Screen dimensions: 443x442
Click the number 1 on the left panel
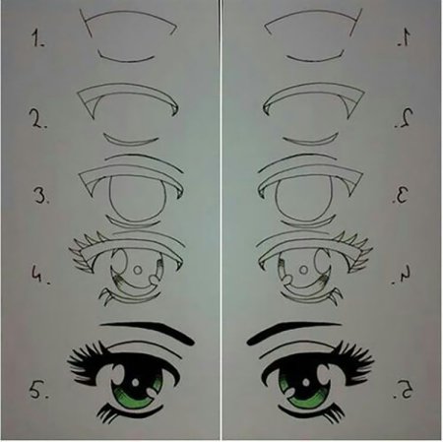(37, 37)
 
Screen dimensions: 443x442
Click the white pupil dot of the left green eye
(135, 383)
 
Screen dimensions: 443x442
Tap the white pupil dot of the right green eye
(306, 383)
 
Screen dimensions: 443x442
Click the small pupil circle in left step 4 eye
(138, 270)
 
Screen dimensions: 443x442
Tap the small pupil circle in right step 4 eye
(304, 270)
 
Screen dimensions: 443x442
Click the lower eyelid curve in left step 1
(127, 61)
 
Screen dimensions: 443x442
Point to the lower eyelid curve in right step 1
(315, 61)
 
